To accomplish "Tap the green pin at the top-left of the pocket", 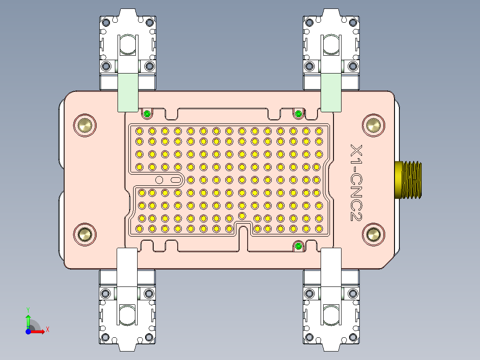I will [146, 114].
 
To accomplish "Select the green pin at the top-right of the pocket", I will [298, 114].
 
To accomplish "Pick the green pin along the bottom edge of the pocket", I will [298, 246].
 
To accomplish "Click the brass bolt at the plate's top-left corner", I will [85, 126].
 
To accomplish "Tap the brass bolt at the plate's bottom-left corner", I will [85, 234].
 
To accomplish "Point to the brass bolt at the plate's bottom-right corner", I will [373, 234].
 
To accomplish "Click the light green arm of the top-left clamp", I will [127, 92].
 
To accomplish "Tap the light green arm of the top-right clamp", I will [331, 92].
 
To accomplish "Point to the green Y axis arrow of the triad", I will [28, 320].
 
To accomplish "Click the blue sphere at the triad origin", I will [28, 331].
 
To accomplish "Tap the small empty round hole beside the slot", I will [159, 180].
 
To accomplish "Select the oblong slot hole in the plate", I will [175, 180].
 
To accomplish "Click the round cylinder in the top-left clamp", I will [127, 44].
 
